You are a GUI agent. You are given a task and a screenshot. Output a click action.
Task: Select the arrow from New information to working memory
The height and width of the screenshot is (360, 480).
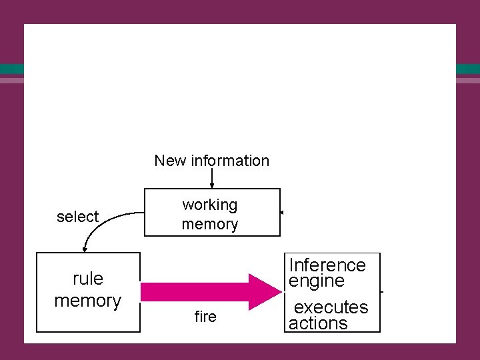[212, 179]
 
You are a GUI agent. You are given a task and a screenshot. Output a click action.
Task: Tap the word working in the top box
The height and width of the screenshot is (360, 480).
[210, 205]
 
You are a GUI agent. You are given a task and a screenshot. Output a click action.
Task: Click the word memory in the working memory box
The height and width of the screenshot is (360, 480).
[210, 224]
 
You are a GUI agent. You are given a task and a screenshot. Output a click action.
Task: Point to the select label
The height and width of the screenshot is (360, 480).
[77, 217]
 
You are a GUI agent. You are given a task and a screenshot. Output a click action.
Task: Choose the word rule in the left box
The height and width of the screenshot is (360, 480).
[88, 277]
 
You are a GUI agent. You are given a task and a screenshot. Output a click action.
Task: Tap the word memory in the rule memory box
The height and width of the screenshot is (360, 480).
[88, 301]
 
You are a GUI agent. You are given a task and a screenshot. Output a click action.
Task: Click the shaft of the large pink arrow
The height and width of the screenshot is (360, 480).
[193, 292]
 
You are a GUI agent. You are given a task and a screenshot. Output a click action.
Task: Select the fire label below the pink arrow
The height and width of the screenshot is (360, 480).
[205, 317]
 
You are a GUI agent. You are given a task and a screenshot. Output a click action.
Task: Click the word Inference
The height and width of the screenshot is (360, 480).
[327, 265]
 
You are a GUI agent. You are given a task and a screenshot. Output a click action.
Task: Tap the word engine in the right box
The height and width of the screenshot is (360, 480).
[317, 281]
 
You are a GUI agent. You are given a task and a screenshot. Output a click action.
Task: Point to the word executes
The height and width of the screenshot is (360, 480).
[331, 307]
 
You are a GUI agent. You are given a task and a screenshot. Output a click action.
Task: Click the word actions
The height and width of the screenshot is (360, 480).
[318, 323]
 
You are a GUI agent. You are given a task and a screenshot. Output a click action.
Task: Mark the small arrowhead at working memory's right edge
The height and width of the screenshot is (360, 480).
[283, 213]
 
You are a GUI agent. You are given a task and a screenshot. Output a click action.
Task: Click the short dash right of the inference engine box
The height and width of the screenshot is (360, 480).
[381, 292]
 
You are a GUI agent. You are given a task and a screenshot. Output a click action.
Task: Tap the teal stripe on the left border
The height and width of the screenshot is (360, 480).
[11, 69]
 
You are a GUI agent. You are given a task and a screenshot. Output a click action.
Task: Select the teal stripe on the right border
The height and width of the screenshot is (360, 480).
[468, 69]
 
